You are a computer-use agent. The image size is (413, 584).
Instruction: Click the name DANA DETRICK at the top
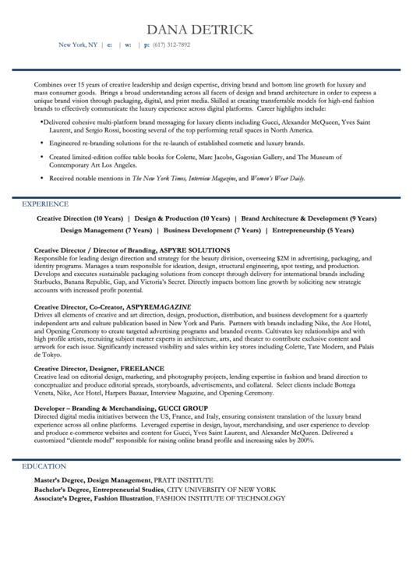click(206, 29)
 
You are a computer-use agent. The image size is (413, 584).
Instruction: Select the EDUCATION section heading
click(44, 465)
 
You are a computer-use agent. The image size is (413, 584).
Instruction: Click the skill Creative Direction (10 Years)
click(79, 219)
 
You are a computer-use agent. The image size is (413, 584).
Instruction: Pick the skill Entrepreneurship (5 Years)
click(312, 231)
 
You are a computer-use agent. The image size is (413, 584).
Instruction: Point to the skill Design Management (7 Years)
click(106, 231)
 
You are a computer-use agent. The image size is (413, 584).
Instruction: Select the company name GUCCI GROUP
click(182, 408)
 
